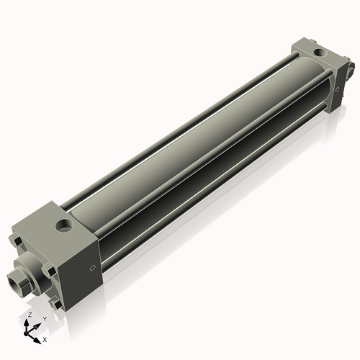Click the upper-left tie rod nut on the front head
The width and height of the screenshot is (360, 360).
click(x=15, y=239)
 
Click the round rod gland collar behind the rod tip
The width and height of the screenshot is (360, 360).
click(x=32, y=270)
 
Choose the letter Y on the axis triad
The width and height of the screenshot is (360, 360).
click(x=44, y=318)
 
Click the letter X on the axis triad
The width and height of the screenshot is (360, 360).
click(x=45, y=338)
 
